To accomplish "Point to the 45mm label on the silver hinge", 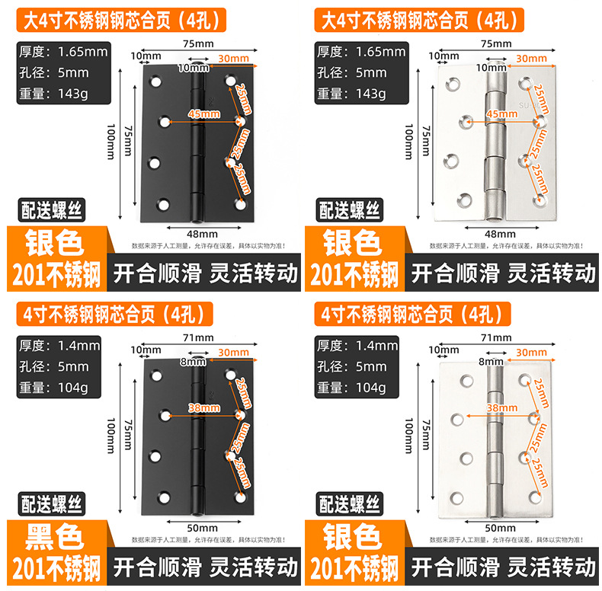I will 501,114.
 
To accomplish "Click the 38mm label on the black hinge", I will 203,408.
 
